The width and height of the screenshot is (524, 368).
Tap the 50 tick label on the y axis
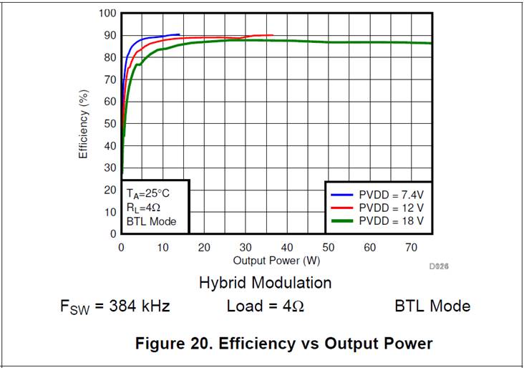(110, 123)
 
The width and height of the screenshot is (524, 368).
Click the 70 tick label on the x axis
(411, 248)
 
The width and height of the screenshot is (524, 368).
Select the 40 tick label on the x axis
(286, 248)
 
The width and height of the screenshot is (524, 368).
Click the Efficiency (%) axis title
(83, 123)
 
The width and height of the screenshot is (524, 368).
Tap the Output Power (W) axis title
(276, 261)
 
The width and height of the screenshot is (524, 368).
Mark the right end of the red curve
(273, 35)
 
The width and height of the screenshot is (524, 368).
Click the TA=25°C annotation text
(149, 194)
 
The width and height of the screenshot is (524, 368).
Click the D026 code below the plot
(439, 266)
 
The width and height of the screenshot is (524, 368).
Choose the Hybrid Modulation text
(266, 283)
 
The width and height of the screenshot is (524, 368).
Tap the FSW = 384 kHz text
(115, 306)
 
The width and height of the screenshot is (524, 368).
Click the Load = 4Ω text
(266, 306)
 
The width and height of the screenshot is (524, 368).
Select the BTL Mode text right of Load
(432, 306)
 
